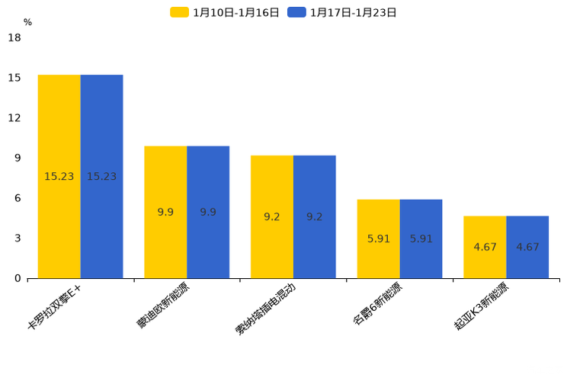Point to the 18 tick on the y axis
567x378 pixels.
pyautogui.click(x=14, y=38)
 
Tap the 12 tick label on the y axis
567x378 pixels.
pyautogui.click(x=14, y=118)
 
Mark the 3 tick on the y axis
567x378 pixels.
pyautogui.click(x=18, y=239)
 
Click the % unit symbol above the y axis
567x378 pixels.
pyautogui.click(x=27, y=23)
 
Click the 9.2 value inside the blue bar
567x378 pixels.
pyautogui.click(x=315, y=217)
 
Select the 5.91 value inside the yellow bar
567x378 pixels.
pyautogui.click(x=379, y=239)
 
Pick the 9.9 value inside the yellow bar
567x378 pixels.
pyautogui.click(x=165, y=213)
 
